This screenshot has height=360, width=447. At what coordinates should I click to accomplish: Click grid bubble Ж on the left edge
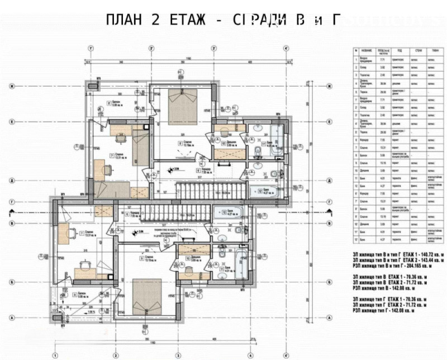click(11, 86)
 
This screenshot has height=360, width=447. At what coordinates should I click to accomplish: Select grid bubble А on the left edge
click(11, 317)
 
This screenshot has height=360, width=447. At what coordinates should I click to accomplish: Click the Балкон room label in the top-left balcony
click(116, 102)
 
